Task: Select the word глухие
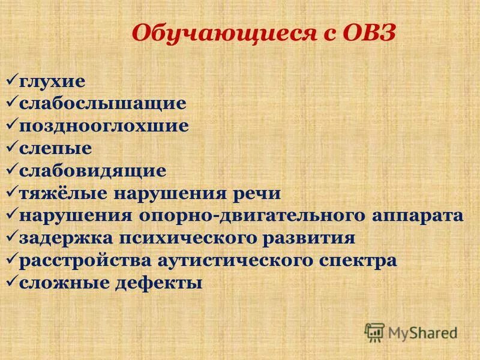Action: coord(52,80)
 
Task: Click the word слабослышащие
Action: coord(103,103)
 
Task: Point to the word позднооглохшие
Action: coord(104,126)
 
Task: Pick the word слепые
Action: coord(56,148)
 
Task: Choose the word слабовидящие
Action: coord(93,171)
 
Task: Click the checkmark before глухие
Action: coord(12,79)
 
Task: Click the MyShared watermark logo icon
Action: coord(375,331)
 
